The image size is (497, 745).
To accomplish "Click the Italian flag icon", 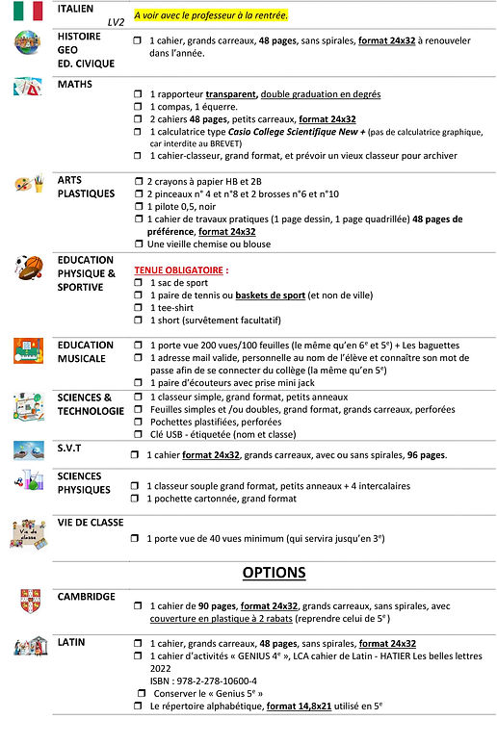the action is click(27, 12).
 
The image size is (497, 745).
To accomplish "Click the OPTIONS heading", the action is click(274, 572).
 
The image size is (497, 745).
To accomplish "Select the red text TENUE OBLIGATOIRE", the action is click(178, 270).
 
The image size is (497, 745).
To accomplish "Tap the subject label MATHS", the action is click(74, 85).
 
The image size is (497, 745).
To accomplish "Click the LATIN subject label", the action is click(71, 642).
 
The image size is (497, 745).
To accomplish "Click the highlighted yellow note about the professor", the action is click(211, 16).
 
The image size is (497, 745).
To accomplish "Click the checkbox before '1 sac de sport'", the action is click(140, 283).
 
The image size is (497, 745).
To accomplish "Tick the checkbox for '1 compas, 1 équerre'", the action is click(138, 106).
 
